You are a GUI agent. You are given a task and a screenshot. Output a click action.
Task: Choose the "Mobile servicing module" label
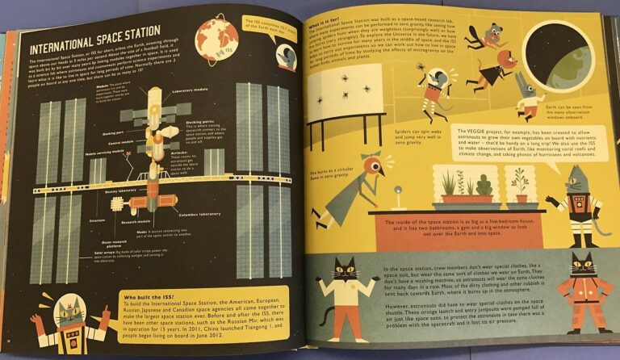tap(103, 153)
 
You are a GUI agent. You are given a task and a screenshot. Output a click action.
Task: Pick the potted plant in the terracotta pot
tap(518, 186)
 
